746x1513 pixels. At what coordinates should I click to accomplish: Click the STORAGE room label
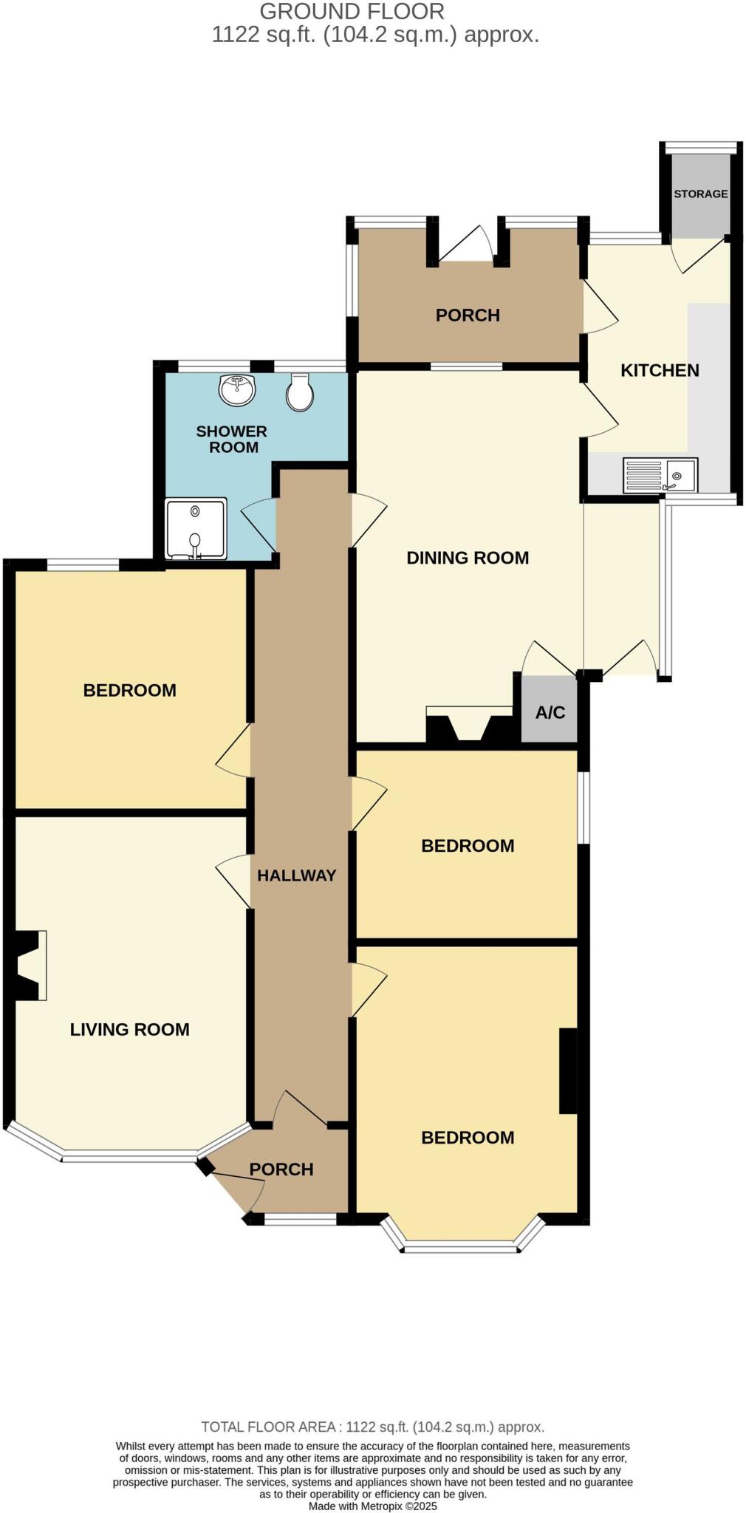(700, 194)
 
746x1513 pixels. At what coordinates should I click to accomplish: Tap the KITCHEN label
(660, 370)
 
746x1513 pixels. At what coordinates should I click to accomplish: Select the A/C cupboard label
(550, 712)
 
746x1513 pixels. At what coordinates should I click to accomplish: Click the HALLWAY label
(296, 875)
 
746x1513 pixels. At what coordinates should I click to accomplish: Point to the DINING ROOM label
(468, 558)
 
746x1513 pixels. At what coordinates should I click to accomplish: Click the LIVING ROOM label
(129, 1029)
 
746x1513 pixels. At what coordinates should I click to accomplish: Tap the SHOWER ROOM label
(232, 439)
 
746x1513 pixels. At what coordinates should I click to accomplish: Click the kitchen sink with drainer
(660, 476)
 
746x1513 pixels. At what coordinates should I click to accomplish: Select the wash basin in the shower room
(236, 389)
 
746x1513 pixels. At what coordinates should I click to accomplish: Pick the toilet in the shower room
(299, 392)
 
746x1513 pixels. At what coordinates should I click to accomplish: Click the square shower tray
(195, 529)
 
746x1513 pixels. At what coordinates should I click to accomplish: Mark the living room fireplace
(28, 966)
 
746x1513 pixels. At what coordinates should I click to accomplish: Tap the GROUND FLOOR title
(352, 12)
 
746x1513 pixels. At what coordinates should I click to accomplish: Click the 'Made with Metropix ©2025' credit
(372, 1506)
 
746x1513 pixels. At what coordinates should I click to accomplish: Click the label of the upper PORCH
(468, 315)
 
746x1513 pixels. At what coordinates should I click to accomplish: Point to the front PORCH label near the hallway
(281, 1169)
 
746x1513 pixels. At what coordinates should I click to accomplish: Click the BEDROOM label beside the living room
(129, 690)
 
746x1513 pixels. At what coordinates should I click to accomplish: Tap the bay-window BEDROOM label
(468, 1137)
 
